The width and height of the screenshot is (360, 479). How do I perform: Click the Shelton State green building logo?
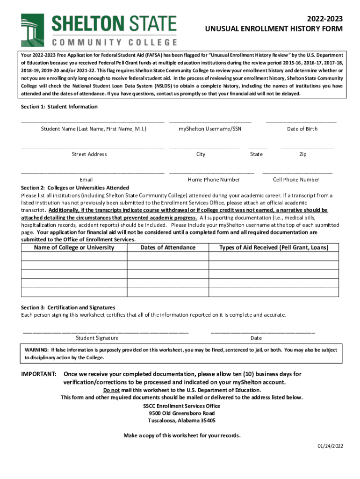pos(32,30)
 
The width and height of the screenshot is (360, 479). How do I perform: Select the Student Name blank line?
pos(93,122)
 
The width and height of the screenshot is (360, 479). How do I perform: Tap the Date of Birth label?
pos(302,129)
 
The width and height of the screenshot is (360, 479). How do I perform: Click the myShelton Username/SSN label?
pos(210,129)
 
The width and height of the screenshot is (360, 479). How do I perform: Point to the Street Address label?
pos(89,154)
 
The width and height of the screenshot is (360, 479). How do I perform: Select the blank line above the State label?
pos(258,147)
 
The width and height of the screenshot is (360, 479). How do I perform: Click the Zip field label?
pos(303,154)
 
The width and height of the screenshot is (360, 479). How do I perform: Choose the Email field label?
pos(86,179)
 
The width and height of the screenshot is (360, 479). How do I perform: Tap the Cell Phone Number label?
pos(296,179)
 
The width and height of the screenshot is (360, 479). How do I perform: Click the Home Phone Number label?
pos(214,179)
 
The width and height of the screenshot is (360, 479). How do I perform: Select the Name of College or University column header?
pos(74,247)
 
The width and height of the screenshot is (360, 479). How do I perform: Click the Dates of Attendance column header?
pos(168,247)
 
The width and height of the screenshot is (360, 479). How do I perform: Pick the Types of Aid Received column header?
pos(274,247)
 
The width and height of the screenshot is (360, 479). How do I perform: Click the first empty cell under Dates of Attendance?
pos(168,256)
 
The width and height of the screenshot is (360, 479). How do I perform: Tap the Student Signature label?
pos(97,338)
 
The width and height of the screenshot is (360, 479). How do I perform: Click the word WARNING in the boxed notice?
pos(36,349)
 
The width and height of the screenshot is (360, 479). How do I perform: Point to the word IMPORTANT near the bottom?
pos(39,374)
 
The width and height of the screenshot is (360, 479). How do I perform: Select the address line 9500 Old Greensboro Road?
pos(182,414)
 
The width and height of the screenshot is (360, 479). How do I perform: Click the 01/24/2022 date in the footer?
pos(330,446)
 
